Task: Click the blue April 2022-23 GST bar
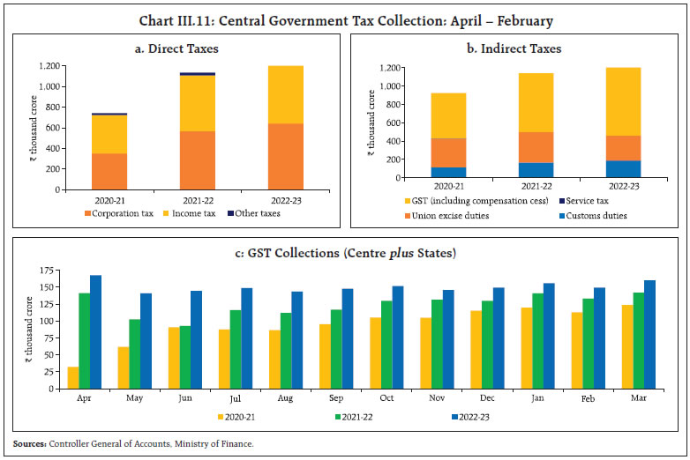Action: coord(96,331)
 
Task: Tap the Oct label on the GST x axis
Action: coord(386,398)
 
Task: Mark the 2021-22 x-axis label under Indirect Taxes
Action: coord(511,188)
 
